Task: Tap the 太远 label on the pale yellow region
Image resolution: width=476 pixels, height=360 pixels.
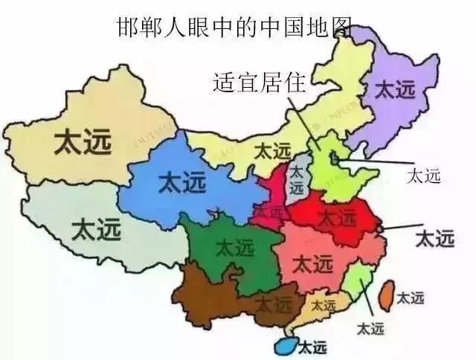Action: [x=273, y=150]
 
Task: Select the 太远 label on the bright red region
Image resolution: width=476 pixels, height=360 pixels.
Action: [x=338, y=217]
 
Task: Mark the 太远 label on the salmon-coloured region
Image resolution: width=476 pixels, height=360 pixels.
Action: [x=313, y=263]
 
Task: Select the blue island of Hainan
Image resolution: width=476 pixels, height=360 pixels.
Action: [x=284, y=347]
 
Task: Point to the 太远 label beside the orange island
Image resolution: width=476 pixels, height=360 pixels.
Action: [x=411, y=298]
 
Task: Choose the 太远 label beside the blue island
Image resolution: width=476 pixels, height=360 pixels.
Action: [x=312, y=347]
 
